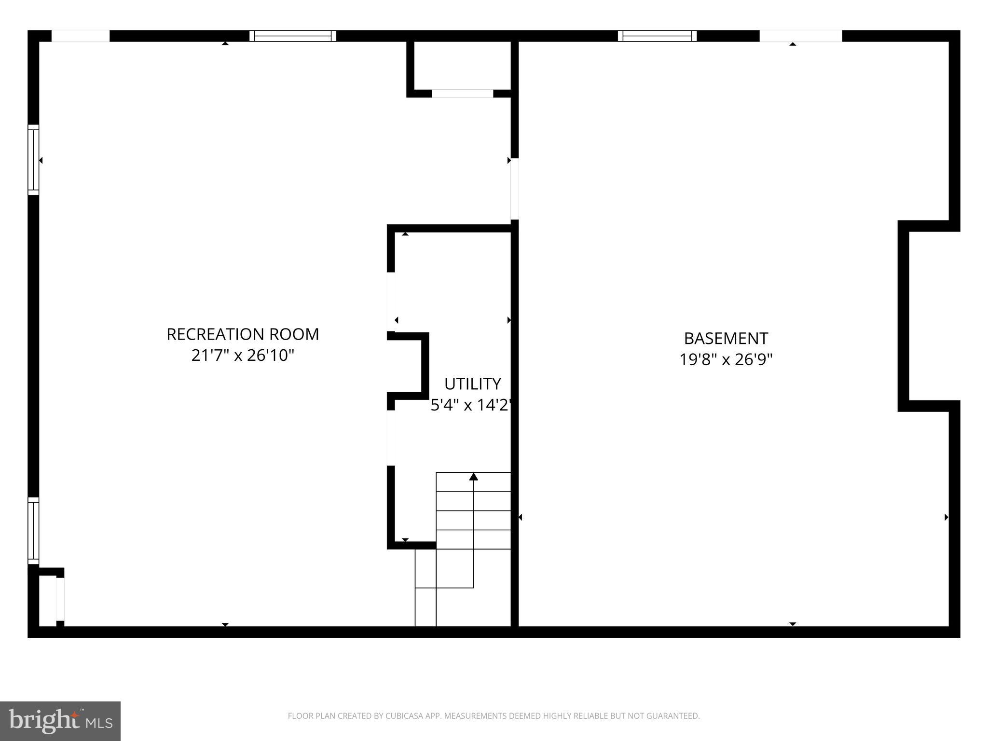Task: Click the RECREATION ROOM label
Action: (x=243, y=334)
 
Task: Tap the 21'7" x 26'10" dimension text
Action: (x=243, y=356)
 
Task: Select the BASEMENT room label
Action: (x=726, y=338)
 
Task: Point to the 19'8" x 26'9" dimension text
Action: (x=726, y=360)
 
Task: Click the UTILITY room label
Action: (x=472, y=384)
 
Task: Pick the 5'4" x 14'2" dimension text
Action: (x=470, y=405)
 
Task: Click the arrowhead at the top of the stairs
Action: (x=474, y=477)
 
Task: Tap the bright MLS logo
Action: (x=60, y=721)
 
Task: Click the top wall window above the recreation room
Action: (x=293, y=36)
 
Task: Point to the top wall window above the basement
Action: (x=657, y=36)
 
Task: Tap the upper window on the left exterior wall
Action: (x=33, y=160)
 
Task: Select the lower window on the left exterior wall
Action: (x=33, y=531)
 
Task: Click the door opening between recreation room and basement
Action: (x=515, y=189)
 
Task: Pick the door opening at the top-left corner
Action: (x=81, y=36)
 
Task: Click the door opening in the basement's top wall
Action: (x=801, y=36)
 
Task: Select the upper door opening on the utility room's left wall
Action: (x=391, y=302)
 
